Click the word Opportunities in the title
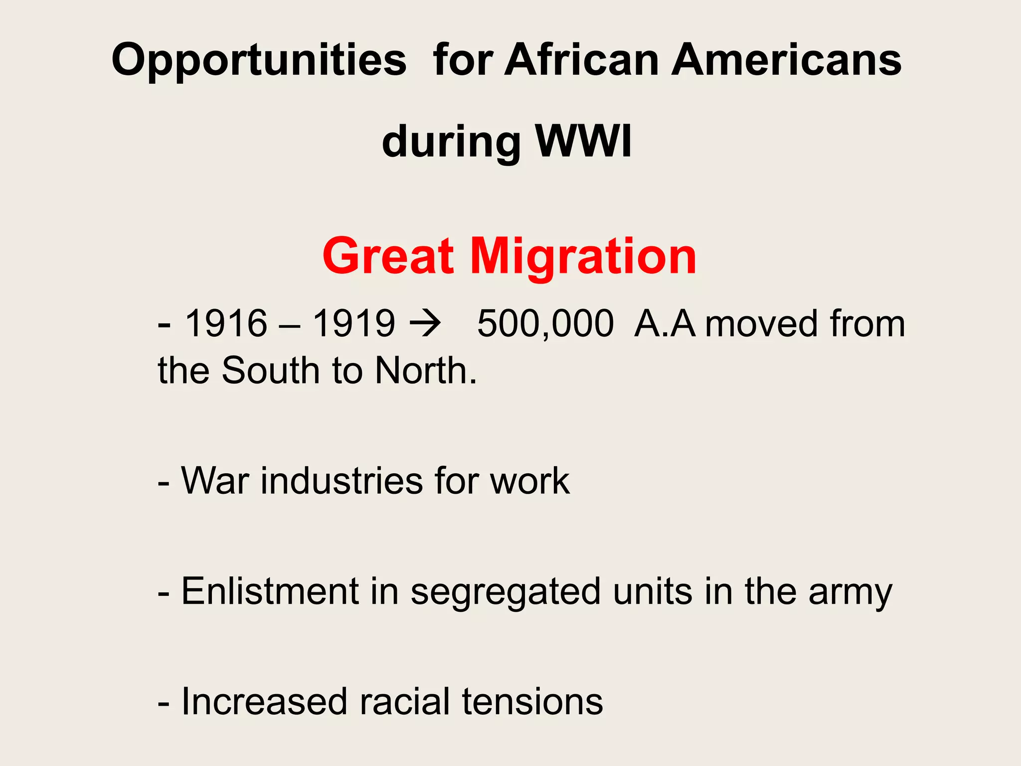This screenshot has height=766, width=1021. coord(259,61)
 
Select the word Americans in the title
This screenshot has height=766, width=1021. coord(786,60)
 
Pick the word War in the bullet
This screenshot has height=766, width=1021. coord(215,481)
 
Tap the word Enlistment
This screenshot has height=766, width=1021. coord(270,591)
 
